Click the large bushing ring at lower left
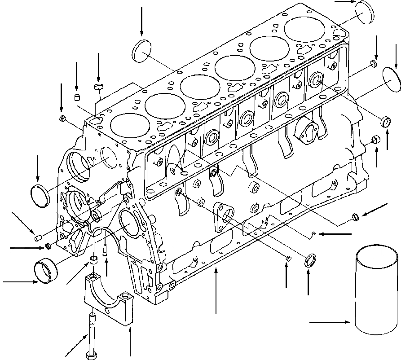46,268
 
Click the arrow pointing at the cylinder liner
330,322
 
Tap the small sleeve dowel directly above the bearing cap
94,260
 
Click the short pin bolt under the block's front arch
105,249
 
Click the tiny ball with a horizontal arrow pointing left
315,233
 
